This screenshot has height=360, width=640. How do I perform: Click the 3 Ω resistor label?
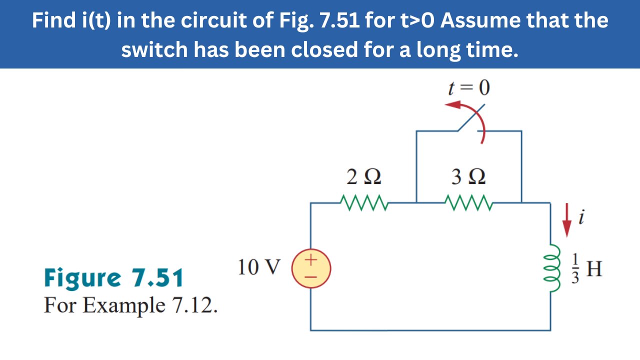pyautogui.click(x=468, y=177)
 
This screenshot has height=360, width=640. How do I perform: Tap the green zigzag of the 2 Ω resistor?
pyautogui.click(x=363, y=202)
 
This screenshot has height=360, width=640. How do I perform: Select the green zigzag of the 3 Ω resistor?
pyautogui.click(x=468, y=202)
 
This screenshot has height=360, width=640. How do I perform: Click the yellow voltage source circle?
pyautogui.click(x=310, y=269)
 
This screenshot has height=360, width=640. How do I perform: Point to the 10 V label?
pyautogui.click(x=259, y=268)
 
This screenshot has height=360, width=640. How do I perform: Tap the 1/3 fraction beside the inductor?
pyautogui.click(x=575, y=269)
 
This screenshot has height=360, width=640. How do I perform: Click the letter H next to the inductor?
pyautogui.click(x=594, y=269)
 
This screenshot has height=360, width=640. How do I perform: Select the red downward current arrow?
pyautogui.click(x=566, y=220)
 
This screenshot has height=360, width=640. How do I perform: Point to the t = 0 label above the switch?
pyautogui.click(x=468, y=88)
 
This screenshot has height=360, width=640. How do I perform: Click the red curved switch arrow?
pyautogui.click(x=472, y=117)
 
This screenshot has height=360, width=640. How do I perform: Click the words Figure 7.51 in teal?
pyautogui.click(x=114, y=278)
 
